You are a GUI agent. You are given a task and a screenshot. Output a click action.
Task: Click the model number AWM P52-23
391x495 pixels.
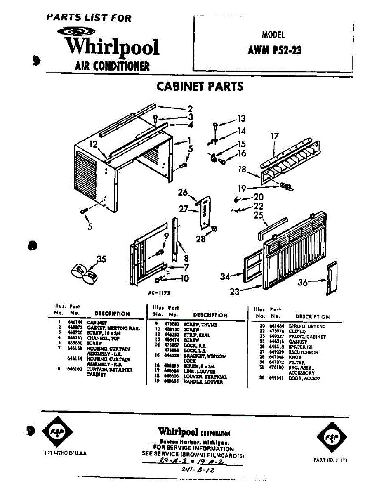[274, 50]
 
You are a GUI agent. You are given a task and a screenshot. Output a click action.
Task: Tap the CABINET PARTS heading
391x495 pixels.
[200, 87]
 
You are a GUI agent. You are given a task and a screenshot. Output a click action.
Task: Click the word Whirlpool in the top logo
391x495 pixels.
[113, 46]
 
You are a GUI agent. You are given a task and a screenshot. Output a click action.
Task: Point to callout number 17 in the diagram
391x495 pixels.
[275, 136]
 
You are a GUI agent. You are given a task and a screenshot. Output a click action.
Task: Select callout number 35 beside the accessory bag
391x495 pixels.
[101, 259]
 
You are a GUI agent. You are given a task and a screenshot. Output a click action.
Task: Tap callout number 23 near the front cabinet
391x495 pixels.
[235, 291]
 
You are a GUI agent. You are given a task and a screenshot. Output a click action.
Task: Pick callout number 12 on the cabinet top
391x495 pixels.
[93, 144]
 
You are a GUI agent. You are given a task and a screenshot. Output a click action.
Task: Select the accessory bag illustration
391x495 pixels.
[85, 274]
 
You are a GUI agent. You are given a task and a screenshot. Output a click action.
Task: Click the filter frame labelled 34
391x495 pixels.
[252, 271]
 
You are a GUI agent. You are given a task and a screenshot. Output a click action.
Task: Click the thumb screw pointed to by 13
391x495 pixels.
[216, 125]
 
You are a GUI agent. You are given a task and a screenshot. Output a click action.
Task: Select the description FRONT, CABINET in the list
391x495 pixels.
[307, 337]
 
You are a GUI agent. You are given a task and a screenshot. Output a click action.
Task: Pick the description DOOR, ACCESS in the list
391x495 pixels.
[304, 378]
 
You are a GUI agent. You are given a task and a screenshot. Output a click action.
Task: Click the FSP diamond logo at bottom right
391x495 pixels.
[332, 436]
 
